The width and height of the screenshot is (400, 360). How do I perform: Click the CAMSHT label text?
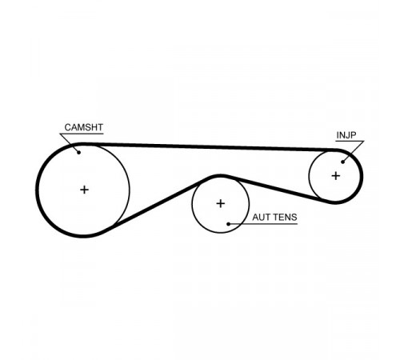pyautogui.click(x=84, y=127)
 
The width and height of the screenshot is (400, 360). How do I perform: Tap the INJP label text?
pyautogui.click(x=346, y=135)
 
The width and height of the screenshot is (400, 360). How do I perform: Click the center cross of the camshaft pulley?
pyautogui.click(x=84, y=190)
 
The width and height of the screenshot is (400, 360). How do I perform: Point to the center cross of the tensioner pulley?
pyautogui.click(x=221, y=204)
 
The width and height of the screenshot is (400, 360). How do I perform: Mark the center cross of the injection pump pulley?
pyautogui.click(x=336, y=176)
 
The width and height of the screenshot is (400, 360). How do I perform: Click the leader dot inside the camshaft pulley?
pyautogui.click(x=78, y=152)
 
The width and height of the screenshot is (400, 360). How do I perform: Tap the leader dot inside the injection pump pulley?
pyautogui.click(x=343, y=162)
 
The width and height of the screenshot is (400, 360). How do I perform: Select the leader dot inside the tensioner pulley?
pyautogui.click(x=228, y=224)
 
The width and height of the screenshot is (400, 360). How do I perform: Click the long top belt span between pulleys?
pyautogui.click(x=210, y=146)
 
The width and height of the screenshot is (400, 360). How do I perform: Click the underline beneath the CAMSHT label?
pyautogui.click(x=82, y=134)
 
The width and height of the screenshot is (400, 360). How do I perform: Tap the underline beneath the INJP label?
pyautogui.click(x=350, y=141)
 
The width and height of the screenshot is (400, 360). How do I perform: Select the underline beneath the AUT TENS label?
pyautogui.click(x=262, y=224)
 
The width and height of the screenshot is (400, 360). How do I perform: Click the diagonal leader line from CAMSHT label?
pyautogui.click(x=70, y=143)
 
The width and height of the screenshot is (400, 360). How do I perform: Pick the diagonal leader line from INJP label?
pyautogui.click(x=354, y=151)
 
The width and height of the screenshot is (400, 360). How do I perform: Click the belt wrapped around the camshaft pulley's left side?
pyautogui.click(x=38, y=190)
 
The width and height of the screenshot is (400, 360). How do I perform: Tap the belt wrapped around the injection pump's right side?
pyautogui.click(x=362, y=176)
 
